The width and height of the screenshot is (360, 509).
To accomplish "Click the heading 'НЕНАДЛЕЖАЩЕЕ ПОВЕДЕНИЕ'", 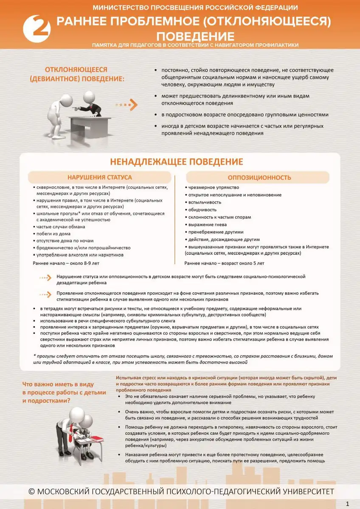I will [177, 162].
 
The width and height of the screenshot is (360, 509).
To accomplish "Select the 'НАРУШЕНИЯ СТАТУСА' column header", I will [99, 177].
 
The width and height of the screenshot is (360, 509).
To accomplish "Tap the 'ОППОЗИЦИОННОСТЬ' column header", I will [259, 177].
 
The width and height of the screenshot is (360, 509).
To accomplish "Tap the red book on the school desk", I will [97, 438].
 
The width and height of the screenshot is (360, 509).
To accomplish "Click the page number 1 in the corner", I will [348, 503].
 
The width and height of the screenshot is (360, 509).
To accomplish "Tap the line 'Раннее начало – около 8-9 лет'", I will [66, 263].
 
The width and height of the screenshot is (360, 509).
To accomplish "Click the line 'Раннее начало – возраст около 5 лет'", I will [224, 263].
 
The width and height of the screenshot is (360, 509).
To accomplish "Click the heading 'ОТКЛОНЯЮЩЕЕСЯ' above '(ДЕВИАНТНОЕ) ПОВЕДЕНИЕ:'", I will [76, 69].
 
